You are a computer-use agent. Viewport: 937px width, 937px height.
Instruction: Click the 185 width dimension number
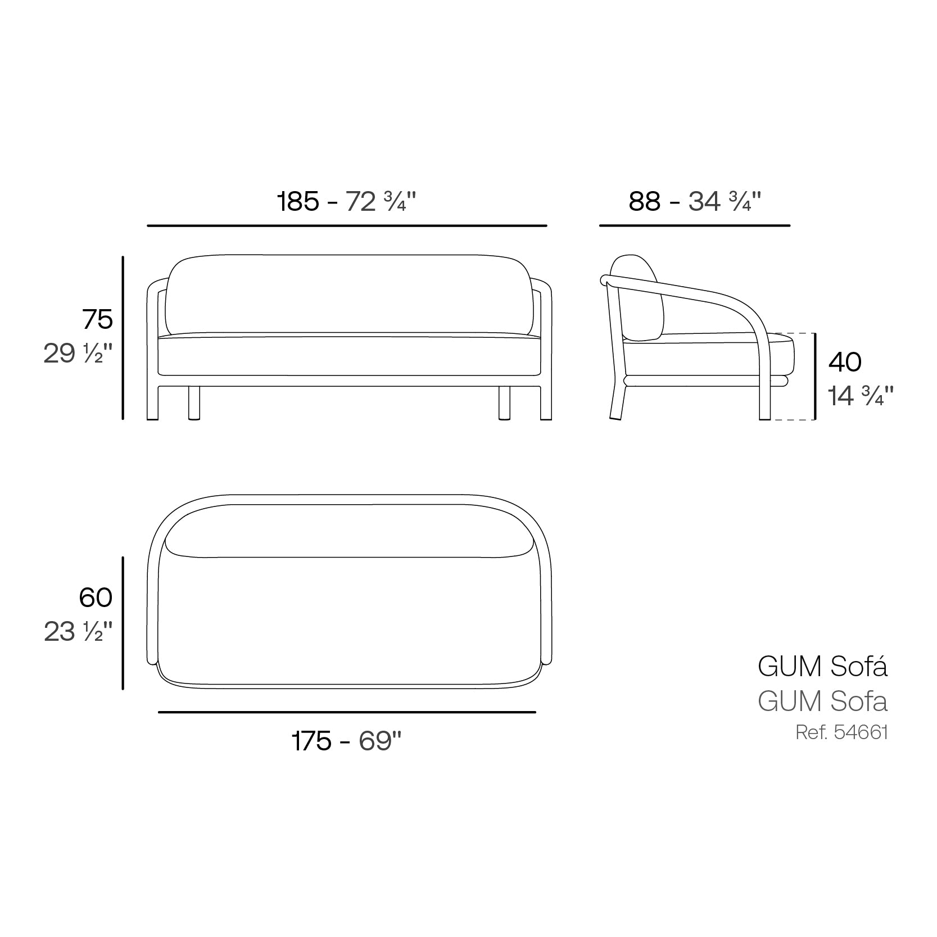click(298, 201)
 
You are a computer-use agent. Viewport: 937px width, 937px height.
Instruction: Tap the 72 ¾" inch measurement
click(381, 201)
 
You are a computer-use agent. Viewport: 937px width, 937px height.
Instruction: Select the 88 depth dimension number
click(644, 201)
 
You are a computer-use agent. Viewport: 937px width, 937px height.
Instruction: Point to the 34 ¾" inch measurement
click(725, 201)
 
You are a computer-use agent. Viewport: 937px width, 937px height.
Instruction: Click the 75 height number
click(98, 320)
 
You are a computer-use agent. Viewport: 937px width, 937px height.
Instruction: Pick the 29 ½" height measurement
click(78, 354)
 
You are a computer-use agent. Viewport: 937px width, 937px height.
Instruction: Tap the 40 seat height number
click(845, 362)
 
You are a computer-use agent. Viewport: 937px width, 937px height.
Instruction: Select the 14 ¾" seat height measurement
click(861, 396)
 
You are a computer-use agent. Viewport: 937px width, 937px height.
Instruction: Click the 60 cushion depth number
click(96, 597)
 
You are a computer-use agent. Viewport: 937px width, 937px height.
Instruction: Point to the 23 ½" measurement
click(79, 632)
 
